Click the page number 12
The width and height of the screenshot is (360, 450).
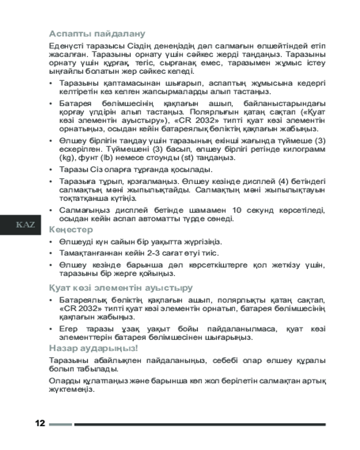(40, 424)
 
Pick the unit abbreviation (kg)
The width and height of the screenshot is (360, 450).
(66, 158)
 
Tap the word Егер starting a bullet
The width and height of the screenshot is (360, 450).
(68, 328)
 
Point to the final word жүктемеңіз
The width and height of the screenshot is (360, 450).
(71, 390)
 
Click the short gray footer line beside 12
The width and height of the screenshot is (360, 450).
(60, 424)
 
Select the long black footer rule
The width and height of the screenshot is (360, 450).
(200, 424)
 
